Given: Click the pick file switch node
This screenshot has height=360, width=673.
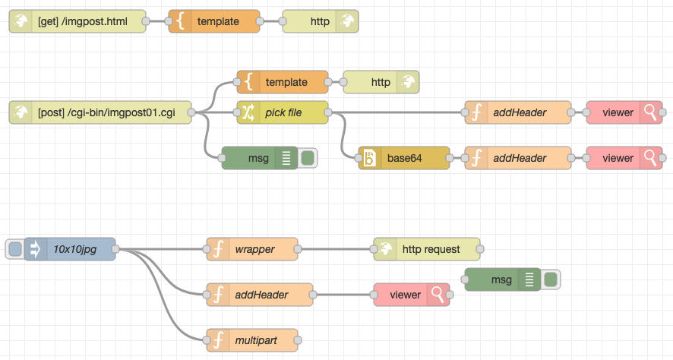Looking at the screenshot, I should click(x=283, y=112).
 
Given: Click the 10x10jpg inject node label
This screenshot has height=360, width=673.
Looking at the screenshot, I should click(x=75, y=249).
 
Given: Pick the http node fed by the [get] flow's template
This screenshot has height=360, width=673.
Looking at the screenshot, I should click(x=320, y=21).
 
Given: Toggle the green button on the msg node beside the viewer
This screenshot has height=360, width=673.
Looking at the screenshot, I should click(x=551, y=279).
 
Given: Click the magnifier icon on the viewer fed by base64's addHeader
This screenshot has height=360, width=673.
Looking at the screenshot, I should click(x=651, y=158).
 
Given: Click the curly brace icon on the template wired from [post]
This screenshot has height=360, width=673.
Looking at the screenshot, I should click(x=248, y=82).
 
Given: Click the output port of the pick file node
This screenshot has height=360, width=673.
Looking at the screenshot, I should click(x=328, y=112).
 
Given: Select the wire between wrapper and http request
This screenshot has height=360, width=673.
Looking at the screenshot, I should click(x=335, y=249).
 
